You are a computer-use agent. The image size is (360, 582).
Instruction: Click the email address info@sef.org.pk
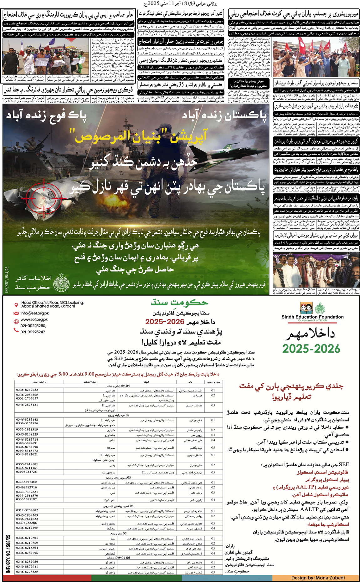coord(34,313)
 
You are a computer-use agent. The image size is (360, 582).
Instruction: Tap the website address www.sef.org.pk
coord(34,319)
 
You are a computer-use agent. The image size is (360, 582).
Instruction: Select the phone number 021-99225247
coord(33,332)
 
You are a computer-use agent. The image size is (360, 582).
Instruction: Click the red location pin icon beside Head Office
coord(16,305)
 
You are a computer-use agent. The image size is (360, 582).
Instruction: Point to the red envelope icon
coord(16,313)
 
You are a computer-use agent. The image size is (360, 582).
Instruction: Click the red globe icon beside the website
coord(16,321)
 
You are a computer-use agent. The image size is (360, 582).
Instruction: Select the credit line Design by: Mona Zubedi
coord(318,578)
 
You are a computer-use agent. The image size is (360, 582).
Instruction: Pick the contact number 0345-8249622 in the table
coord(27,390)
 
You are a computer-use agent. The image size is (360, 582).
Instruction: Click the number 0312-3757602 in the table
coord(27,510)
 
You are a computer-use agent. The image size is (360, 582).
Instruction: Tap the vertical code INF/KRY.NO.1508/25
coord(8,554)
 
